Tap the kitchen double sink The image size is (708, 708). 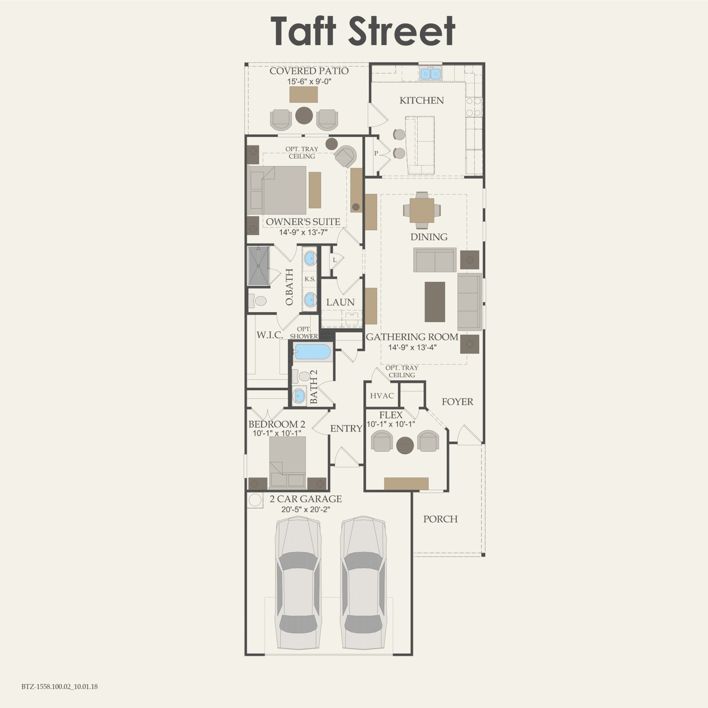tap(431, 74)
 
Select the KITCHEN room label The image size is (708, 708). tap(421, 100)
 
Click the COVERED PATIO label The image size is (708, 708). tap(309, 71)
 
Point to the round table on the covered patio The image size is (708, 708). tap(304, 115)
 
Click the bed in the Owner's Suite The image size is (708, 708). tap(279, 190)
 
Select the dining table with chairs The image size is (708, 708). tap(422, 210)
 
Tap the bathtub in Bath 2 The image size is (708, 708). tap(313, 352)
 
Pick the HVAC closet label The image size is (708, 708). tap(382, 396)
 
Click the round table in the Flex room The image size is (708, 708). tap(405, 445)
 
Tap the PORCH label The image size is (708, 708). tap(440, 519)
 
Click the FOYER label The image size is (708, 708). tap(457, 402)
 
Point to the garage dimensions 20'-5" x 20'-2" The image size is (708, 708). tap(305, 510)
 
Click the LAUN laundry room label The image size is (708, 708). tap(340, 302)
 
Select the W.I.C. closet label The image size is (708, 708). tap(270, 335)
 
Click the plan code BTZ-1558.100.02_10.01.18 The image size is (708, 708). tap(59, 687)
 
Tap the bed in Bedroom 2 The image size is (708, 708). tap(287, 462)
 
